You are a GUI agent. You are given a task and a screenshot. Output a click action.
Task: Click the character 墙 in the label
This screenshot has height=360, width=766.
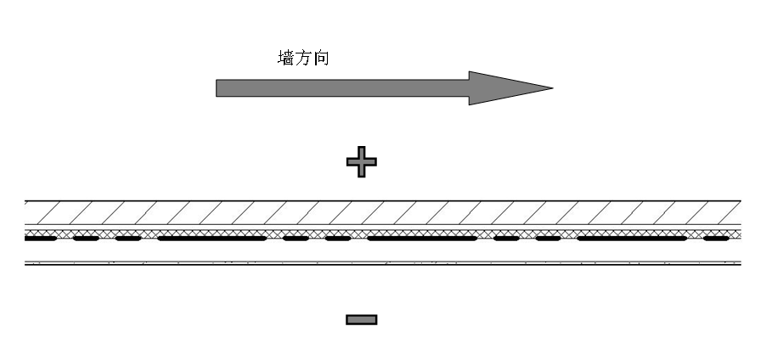286,58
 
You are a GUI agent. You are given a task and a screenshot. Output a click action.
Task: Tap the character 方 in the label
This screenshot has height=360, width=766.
302,58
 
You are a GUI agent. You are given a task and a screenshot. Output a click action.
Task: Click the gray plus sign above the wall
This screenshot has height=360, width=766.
362,161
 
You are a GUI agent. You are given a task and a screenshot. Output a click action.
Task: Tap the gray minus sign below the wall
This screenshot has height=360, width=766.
362,319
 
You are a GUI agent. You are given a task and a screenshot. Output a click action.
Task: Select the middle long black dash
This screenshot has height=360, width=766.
422,239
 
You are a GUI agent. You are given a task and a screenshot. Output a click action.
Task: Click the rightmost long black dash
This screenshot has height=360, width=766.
632,239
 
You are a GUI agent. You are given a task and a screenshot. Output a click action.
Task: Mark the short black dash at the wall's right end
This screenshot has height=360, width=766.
716,239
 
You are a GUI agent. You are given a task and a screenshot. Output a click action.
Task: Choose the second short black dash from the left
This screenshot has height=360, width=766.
86,239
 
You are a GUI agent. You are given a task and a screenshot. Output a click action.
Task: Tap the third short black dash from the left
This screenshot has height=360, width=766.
127,239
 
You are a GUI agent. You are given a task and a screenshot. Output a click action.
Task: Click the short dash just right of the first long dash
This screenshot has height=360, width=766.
296,239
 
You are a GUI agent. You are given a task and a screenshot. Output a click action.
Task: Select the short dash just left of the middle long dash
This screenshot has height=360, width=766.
338,239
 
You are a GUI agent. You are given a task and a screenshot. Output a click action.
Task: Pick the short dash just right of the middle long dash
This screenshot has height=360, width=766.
506,239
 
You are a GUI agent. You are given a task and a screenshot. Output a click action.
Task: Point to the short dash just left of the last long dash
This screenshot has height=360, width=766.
548,239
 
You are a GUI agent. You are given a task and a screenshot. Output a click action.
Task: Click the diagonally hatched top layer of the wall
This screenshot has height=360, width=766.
382,211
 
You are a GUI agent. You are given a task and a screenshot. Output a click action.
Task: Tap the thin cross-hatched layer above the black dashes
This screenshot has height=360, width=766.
382,232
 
